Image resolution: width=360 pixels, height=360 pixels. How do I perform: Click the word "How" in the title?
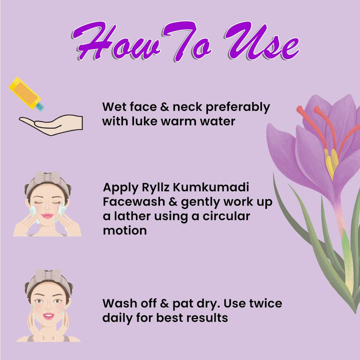coord(116,41)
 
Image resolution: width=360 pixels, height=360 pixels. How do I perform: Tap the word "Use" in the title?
coord(261,41)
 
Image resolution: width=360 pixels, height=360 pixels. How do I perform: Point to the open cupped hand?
coord(51,124)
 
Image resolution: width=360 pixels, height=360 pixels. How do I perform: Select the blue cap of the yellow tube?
coord(39,107)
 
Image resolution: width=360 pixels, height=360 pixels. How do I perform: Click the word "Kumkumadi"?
coord(211,187)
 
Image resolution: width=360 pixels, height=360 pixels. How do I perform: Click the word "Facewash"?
coord(134,202)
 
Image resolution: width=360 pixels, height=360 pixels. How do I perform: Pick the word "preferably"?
coord(237,107)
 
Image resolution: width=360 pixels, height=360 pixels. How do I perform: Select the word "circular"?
coord(226,216)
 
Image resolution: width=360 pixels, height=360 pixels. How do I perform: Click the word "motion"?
coord(125,230)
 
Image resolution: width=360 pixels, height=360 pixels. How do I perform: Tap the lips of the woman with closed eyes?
coord(47,216)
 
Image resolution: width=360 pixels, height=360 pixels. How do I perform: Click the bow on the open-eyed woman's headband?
coord(48,275)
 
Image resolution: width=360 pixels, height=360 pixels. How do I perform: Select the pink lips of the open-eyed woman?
coord(48,316)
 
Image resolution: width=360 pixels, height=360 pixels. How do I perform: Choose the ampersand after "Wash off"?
coord(164,303)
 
